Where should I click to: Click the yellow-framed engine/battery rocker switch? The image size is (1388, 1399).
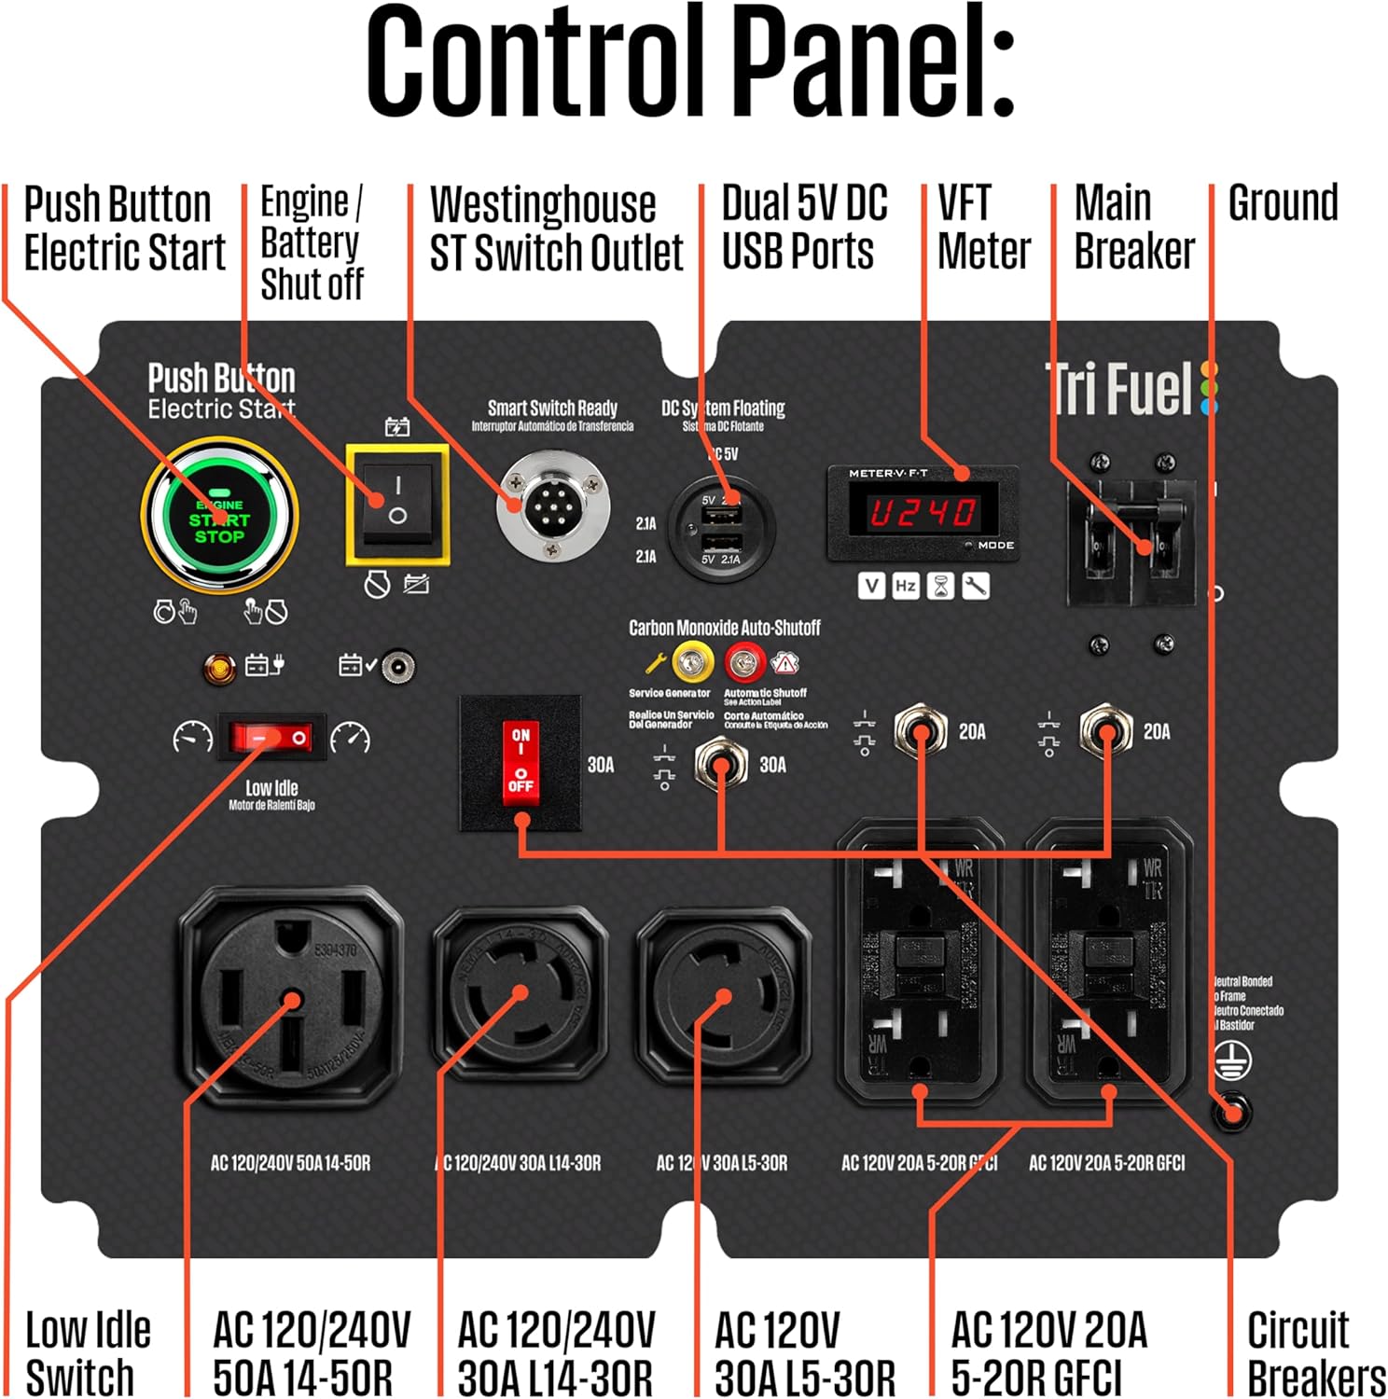click(397, 504)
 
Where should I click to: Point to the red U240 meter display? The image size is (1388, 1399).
click(923, 512)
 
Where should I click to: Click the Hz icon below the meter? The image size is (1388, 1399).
click(905, 586)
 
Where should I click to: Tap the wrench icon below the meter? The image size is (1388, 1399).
click(976, 586)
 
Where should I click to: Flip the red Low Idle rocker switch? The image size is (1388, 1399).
click(271, 738)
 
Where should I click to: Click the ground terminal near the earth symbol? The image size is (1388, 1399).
click(1231, 1112)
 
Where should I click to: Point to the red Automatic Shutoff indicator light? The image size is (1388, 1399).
click(744, 662)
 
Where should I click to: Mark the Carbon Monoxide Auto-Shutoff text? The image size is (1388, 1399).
click(724, 628)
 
